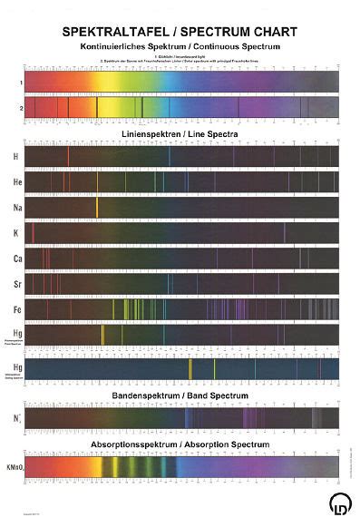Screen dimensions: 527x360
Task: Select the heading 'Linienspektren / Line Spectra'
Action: pyautogui.click(x=181, y=133)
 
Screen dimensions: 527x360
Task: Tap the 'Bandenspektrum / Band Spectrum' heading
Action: pyautogui.click(x=181, y=396)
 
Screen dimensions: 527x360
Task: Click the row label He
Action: pyautogui.click(x=15, y=182)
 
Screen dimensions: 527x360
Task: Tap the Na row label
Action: pyautogui.click(x=15, y=208)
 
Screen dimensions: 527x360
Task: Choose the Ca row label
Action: pyautogui.click(x=15, y=259)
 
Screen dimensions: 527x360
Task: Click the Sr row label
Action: pyautogui.click(x=15, y=285)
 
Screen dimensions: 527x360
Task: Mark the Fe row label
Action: pyautogui.click(x=15, y=310)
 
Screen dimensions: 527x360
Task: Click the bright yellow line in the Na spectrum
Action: pyautogui.click(x=97, y=208)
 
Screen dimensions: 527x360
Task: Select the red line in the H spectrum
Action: pyautogui.click(x=68, y=156)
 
